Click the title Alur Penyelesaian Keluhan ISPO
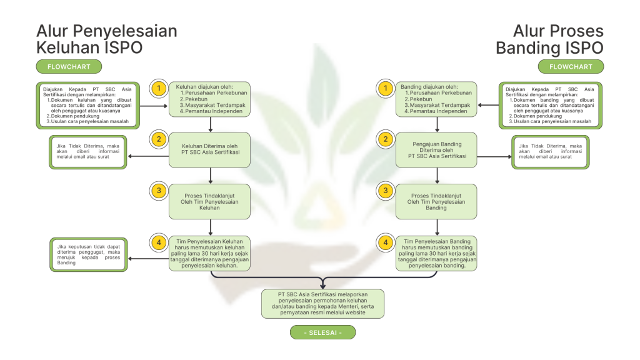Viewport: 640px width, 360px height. click(106, 39)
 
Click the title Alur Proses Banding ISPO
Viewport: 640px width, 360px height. click(549, 39)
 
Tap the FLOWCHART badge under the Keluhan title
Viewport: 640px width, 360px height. click(69, 67)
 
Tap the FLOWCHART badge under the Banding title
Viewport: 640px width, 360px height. click(571, 67)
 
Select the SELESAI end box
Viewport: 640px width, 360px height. click(322, 332)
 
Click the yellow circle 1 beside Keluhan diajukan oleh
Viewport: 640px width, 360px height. click(159, 89)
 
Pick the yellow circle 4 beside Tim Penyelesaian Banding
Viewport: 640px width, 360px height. click(386, 242)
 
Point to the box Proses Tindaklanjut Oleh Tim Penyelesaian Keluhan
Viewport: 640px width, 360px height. click(209, 201)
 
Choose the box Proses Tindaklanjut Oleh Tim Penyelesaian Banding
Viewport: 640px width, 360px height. click(436, 201)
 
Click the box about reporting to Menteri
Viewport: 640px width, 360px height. click(322, 304)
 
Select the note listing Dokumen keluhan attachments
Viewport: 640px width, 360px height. click(88, 106)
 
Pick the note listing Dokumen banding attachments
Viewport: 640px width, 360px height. click(550, 106)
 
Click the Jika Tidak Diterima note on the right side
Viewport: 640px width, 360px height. click(550, 152)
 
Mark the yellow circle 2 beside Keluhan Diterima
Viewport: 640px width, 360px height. click(159, 139)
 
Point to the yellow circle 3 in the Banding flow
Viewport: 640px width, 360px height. click(386, 191)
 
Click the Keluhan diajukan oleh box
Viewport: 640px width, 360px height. click(209, 99)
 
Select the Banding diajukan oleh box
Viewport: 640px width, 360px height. click(436, 99)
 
